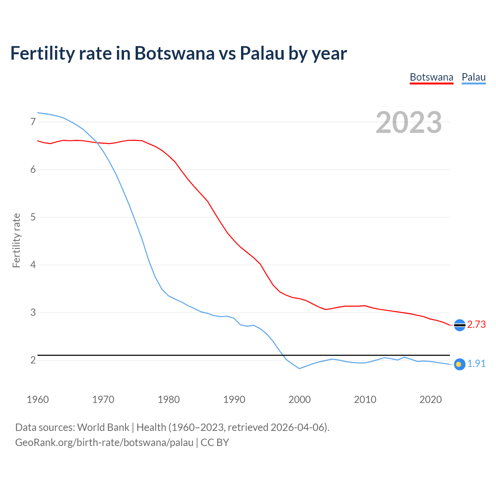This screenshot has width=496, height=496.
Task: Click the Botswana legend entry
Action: click(x=431, y=77)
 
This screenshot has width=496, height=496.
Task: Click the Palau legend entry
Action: click(x=474, y=77)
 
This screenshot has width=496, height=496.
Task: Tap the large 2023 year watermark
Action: click(x=409, y=122)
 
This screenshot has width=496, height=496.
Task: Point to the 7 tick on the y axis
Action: click(x=33, y=122)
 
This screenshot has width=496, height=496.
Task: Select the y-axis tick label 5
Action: click(x=33, y=217)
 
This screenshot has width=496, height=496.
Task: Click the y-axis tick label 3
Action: click(x=33, y=312)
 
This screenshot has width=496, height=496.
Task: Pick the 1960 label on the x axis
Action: click(x=38, y=400)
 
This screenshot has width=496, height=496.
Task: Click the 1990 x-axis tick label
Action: click(x=234, y=400)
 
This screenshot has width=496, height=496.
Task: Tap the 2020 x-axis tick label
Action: click(x=431, y=400)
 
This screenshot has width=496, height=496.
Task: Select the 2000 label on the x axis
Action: click(x=300, y=400)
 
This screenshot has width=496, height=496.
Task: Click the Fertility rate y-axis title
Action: click(x=16, y=240)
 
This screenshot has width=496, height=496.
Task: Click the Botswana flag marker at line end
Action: click(x=460, y=325)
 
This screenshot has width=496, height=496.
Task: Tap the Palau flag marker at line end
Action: click(x=459, y=364)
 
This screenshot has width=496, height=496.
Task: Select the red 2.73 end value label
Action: click(x=477, y=325)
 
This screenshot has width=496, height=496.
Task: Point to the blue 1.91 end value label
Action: click(x=477, y=364)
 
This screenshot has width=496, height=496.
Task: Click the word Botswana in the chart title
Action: click(x=174, y=53)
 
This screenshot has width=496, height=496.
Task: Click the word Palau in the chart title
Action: click(x=262, y=53)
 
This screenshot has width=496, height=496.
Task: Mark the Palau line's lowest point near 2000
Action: click(x=300, y=369)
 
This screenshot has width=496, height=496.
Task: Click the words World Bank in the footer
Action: click(x=103, y=427)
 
